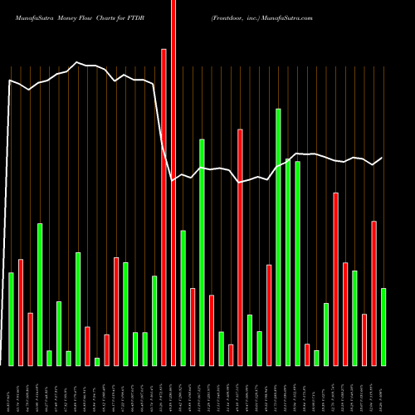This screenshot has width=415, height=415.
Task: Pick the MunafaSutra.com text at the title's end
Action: (x=290, y=17)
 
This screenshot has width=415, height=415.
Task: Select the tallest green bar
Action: (x=278, y=237)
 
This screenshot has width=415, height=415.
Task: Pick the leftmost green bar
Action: (x=11, y=319)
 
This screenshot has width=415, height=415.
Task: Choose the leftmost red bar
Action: (x=21, y=312)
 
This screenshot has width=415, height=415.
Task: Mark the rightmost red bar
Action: (x=373, y=293)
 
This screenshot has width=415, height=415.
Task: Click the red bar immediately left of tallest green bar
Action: (x=269, y=315)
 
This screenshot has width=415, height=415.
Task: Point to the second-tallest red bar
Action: (x=164, y=207)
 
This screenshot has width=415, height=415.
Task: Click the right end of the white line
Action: (x=383, y=158)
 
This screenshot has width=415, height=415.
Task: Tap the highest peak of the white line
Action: (x=77, y=62)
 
